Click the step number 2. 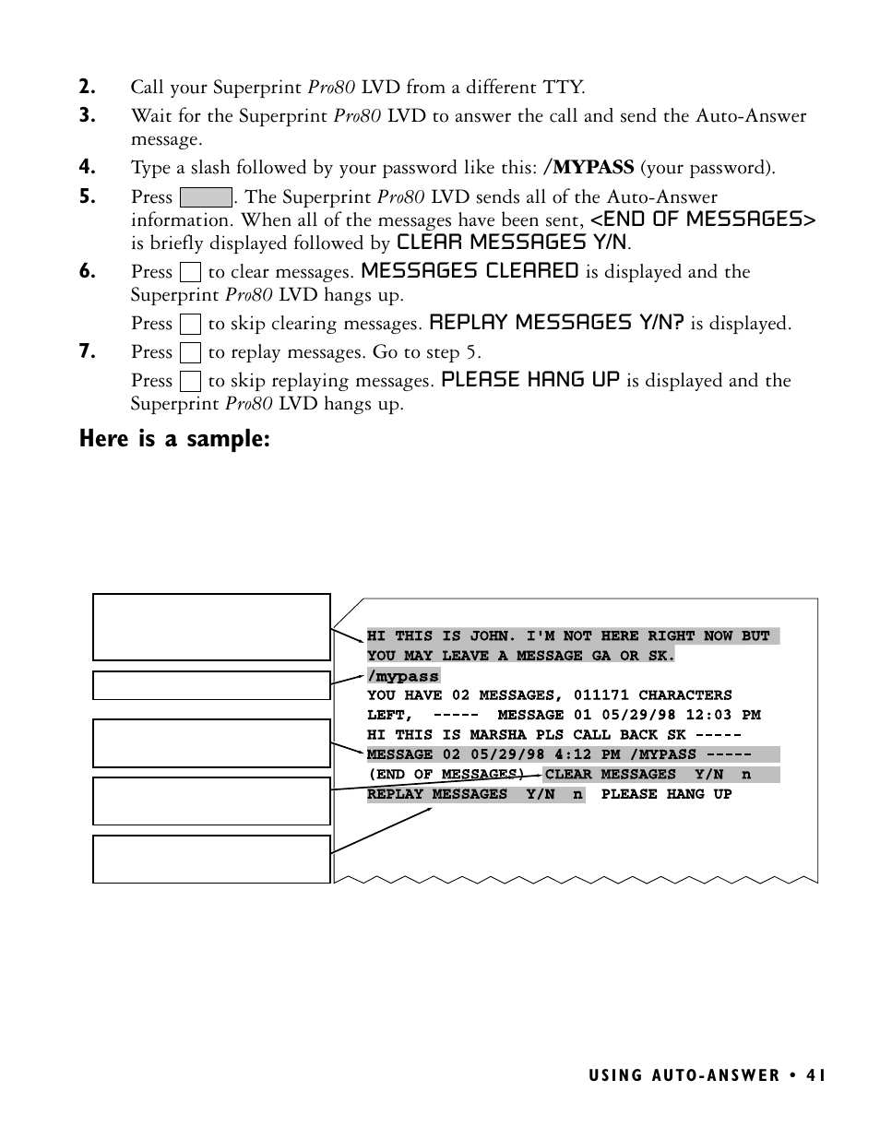[x=87, y=88]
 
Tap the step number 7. [x=87, y=352]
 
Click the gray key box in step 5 [x=206, y=197]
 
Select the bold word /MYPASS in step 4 [x=589, y=168]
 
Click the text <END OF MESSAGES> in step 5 [x=703, y=219]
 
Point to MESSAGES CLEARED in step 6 [x=470, y=271]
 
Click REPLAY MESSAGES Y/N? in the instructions [x=556, y=323]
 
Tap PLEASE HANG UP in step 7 [x=530, y=380]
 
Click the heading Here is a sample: [x=174, y=439]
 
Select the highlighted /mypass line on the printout [x=403, y=676]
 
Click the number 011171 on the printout [x=601, y=695]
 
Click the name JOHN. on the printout [x=494, y=636]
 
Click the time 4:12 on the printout [x=572, y=754]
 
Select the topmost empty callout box [x=211, y=627]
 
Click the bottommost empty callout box [x=211, y=859]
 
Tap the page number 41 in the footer [x=815, y=1075]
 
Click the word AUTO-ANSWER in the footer [x=716, y=1075]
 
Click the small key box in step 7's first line [x=191, y=352]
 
